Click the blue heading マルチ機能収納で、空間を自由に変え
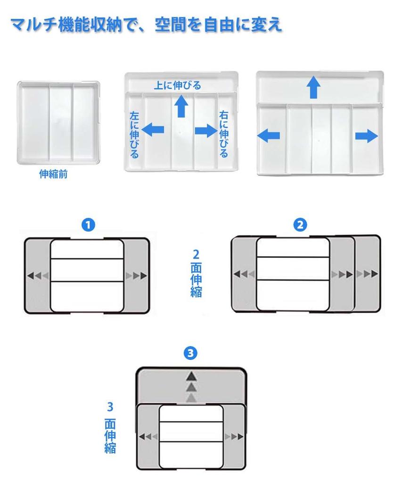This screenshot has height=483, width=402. click(x=146, y=24)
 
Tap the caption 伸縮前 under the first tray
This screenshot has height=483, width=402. click(x=53, y=175)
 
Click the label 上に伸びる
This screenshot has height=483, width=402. click(x=177, y=85)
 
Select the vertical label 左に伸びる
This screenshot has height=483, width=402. click(x=134, y=134)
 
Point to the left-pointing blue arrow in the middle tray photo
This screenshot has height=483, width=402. click(x=153, y=130)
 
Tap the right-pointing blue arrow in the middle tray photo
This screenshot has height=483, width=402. click(x=206, y=131)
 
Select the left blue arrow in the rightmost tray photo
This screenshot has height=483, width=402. click(x=269, y=136)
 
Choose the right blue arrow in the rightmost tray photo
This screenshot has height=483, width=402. click(x=367, y=137)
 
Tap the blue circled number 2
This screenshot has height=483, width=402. click(x=300, y=225)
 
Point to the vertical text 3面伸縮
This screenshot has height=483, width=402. click(x=110, y=427)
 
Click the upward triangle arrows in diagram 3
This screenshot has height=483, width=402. click(x=191, y=387)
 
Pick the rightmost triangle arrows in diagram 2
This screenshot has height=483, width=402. click(x=367, y=274)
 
